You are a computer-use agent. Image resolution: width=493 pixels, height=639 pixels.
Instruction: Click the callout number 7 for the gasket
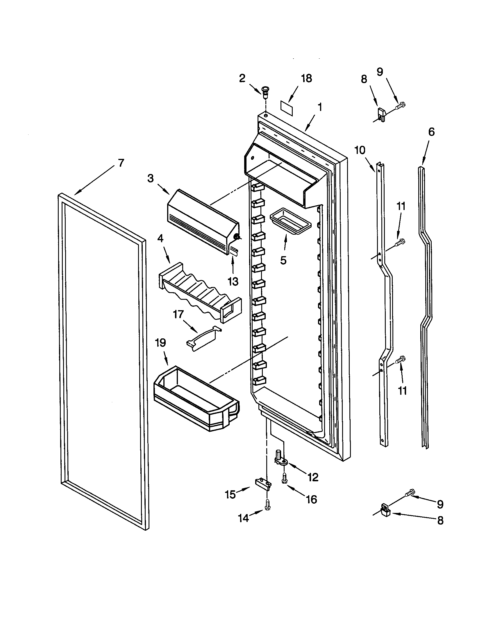point(121,163)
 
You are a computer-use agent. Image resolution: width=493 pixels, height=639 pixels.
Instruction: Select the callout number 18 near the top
point(306,78)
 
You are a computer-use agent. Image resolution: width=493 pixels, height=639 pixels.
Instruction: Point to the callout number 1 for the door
point(320,107)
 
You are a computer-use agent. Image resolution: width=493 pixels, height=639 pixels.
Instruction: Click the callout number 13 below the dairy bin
point(233,281)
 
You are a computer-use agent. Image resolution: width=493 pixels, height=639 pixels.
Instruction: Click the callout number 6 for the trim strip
point(431,132)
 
